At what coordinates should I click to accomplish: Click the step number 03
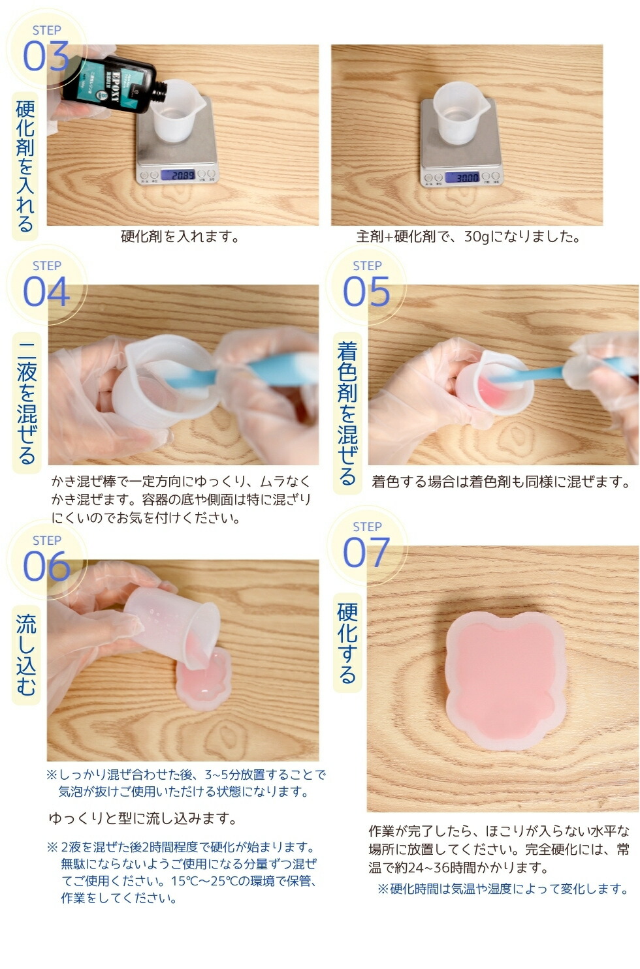pos(46,56)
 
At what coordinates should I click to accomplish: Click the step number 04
pos(46,292)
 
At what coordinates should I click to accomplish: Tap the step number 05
pos(366,292)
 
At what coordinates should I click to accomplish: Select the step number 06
pos(46,566)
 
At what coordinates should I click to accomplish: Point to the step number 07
pos(366,553)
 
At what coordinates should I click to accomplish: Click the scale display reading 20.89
pos(178,175)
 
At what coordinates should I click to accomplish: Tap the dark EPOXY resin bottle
pos(98,78)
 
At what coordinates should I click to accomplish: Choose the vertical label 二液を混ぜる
pos(26,401)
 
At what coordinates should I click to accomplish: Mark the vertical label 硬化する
pos(347,642)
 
